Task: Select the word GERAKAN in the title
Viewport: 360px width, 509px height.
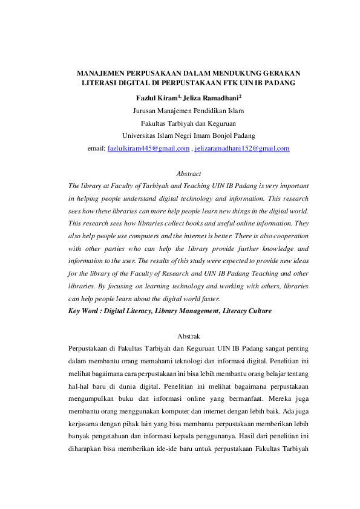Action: (286, 72)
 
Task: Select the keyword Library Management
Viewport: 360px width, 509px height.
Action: (185, 311)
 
